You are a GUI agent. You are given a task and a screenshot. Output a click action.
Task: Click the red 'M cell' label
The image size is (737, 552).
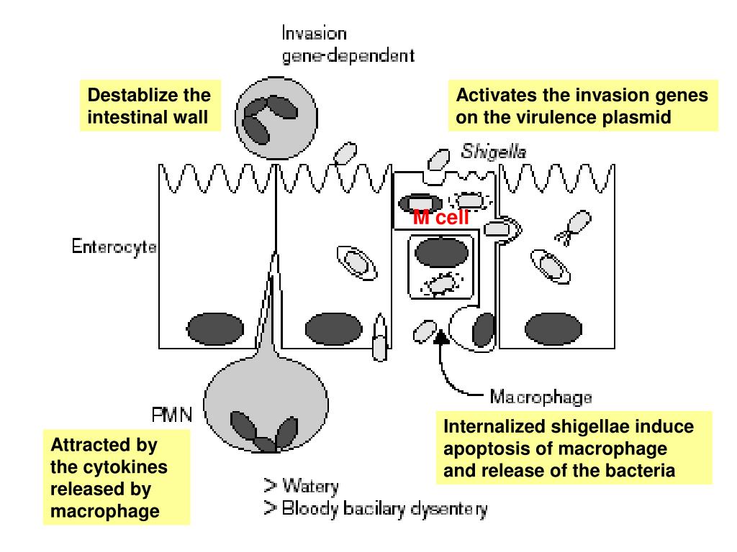click(441, 218)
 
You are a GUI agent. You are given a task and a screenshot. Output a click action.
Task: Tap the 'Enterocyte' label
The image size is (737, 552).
click(114, 248)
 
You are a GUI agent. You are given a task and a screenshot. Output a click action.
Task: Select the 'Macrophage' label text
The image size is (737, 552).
click(541, 396)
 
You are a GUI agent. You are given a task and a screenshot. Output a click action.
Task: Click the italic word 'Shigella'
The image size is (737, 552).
click(494, 152)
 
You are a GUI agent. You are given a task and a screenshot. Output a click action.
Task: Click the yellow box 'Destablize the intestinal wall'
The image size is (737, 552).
click(149, 106)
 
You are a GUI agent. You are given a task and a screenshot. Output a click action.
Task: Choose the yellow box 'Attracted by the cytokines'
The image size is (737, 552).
click(116, 478)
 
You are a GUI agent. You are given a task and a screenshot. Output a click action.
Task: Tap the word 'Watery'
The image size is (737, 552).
click(310, 487)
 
